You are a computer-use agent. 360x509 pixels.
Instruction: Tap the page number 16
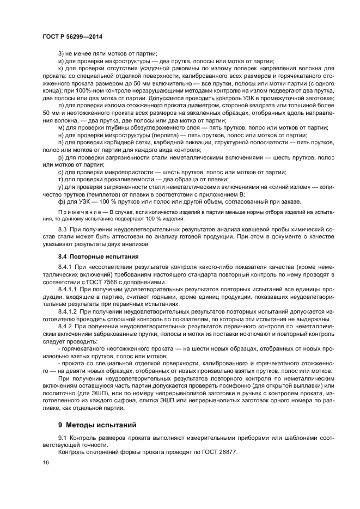[46, 462]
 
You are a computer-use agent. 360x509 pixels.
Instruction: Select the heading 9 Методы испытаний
[96, 424]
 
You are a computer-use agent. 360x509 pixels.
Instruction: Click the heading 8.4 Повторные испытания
[93, 255]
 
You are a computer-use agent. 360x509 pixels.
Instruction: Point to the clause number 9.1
[63, 438]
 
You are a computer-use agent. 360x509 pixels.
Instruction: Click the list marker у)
[60, 186]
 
